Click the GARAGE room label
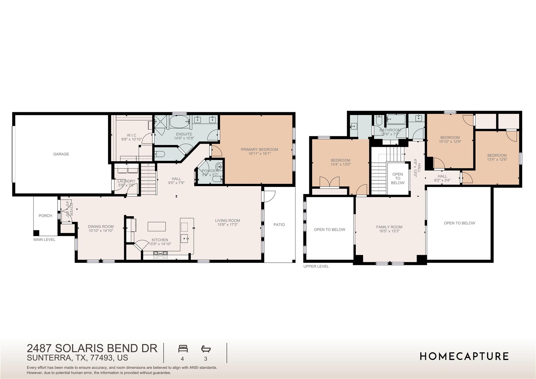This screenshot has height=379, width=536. tap(61, 154)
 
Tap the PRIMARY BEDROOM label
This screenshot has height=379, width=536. tap(259, 150)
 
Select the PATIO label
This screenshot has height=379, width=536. tap(279, 225)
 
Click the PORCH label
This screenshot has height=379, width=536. tap(45, 216)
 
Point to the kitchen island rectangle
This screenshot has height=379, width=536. tap(157, 227)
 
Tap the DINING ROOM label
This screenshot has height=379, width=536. tap(101, 227)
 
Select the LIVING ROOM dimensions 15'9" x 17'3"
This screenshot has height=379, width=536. tap(227, 225)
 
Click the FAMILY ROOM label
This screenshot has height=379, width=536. tap(389, 227)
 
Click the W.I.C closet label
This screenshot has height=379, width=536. tap(132, 135)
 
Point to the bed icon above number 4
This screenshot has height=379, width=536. tap(183, 349)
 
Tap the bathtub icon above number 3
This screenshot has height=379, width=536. tap(206, 349)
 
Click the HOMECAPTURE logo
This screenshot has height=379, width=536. tap(464, 356)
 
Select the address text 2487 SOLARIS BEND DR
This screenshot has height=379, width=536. tap(92, 348)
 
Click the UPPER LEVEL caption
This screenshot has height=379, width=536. tap(316, 266)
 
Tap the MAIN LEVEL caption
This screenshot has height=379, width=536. tap(44, 239)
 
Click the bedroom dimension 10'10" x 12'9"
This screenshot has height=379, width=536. tap(450, 142)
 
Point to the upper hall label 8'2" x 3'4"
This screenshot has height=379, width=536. tap(442, 180)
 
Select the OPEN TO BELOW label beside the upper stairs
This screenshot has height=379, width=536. tap(398, 178)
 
